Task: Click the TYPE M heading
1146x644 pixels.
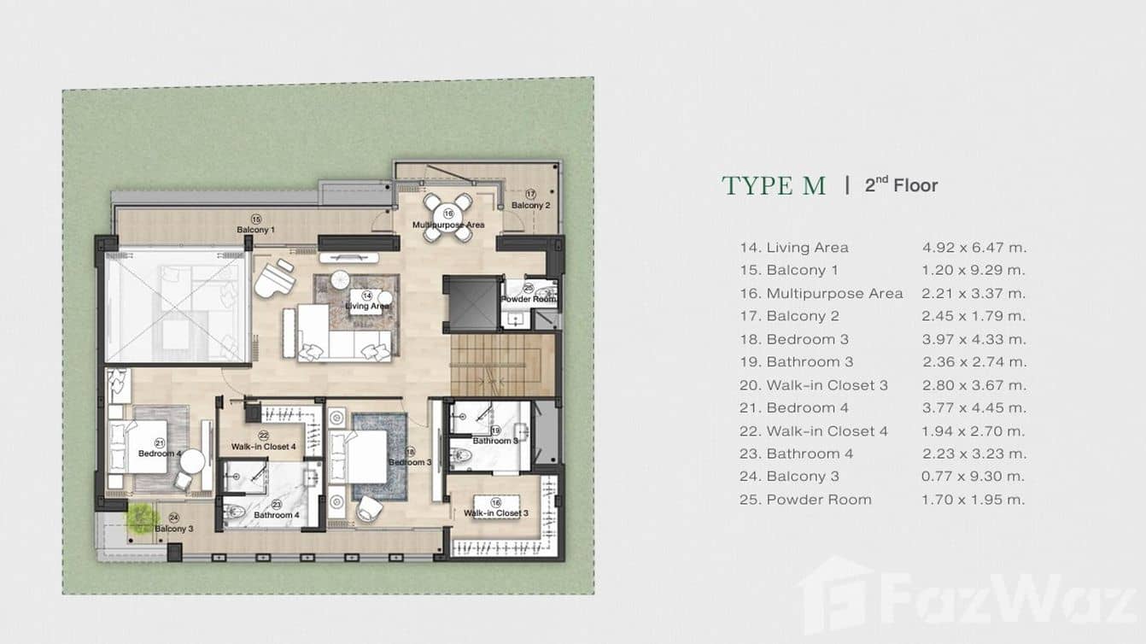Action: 774,185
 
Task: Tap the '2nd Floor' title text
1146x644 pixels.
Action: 901,185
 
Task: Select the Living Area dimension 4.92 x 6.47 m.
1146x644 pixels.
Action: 974,248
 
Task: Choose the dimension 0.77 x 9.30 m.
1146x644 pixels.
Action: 974,477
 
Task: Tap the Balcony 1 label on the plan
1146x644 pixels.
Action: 255,230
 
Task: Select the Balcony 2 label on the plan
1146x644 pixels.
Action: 530,205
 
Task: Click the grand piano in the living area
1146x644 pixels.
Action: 272,277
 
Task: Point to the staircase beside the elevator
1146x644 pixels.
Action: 496,365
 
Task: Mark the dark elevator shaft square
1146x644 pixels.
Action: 472,303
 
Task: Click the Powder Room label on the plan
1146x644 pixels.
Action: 529,299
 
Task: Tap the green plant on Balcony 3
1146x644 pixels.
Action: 142,517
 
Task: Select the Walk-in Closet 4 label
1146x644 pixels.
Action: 263,447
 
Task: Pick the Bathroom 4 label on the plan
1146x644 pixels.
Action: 276,515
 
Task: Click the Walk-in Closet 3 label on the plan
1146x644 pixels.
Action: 495,513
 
